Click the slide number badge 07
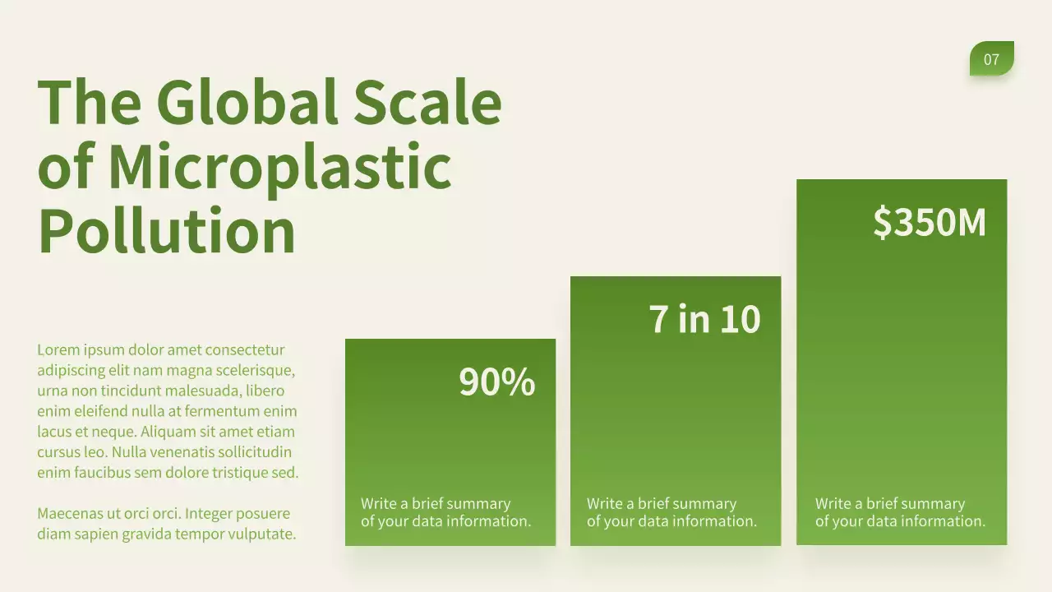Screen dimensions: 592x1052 coord(991,59)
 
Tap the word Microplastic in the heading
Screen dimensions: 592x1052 coord(279,166)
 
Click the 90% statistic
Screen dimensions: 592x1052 coord(496,382)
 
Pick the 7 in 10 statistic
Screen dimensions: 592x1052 coord(704,319)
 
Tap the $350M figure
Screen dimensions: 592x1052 coord(929,222)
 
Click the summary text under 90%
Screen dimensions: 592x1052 coord(445,512)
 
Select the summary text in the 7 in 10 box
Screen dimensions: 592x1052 coord(671,512)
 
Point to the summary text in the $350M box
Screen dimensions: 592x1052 coord(900,512)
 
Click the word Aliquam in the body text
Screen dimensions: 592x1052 coord(169,432)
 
